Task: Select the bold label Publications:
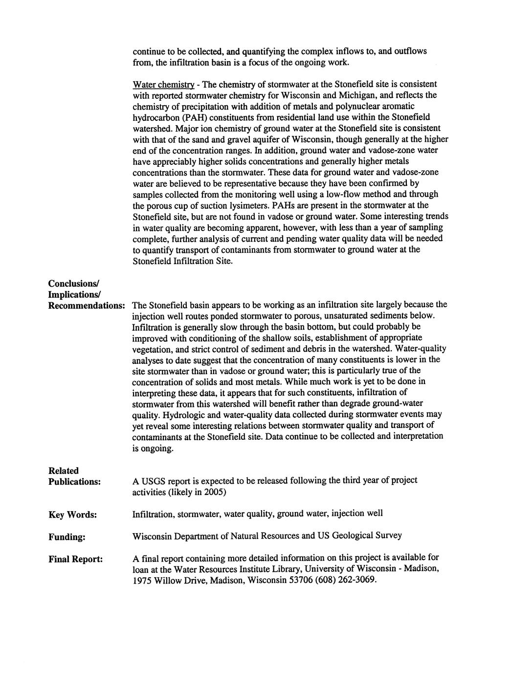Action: tap(74, 482)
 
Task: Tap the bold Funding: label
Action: tap(67, 537)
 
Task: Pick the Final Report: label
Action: tap(75, 559)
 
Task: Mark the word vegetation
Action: tap(153, 349)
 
